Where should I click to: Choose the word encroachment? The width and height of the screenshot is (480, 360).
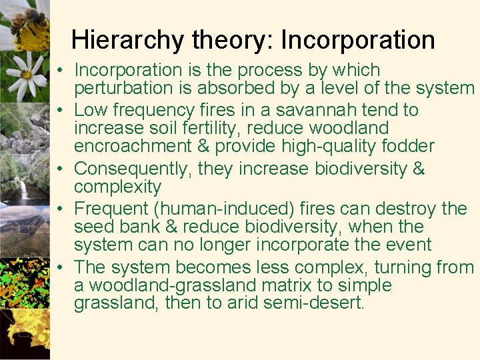point(131,146)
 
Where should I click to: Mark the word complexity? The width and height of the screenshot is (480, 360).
point(117,187)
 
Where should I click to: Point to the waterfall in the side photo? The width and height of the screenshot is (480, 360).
point(25,190)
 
